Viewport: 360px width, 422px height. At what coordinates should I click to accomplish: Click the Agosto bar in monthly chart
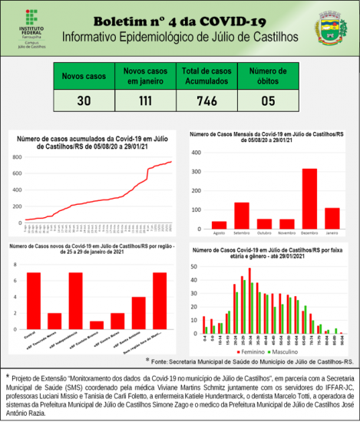click(220, 224)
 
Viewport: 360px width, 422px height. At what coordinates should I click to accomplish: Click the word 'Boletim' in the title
click(121, 20)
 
